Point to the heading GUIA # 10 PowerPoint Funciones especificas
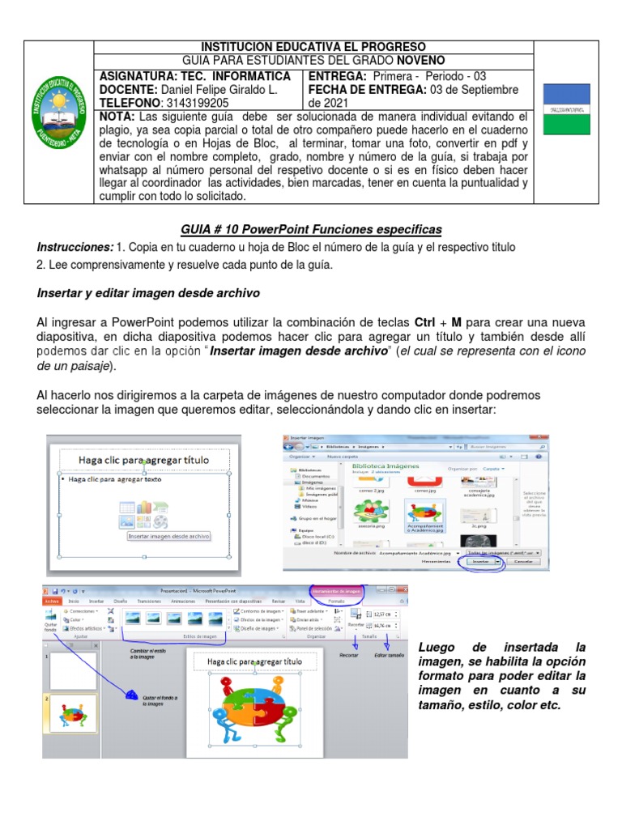pos(310,230)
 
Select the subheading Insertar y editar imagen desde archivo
pos(148,292)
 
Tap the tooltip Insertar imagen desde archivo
pos(168,536)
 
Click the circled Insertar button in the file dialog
pos(481,560)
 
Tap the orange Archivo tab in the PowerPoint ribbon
pos(53,602)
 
